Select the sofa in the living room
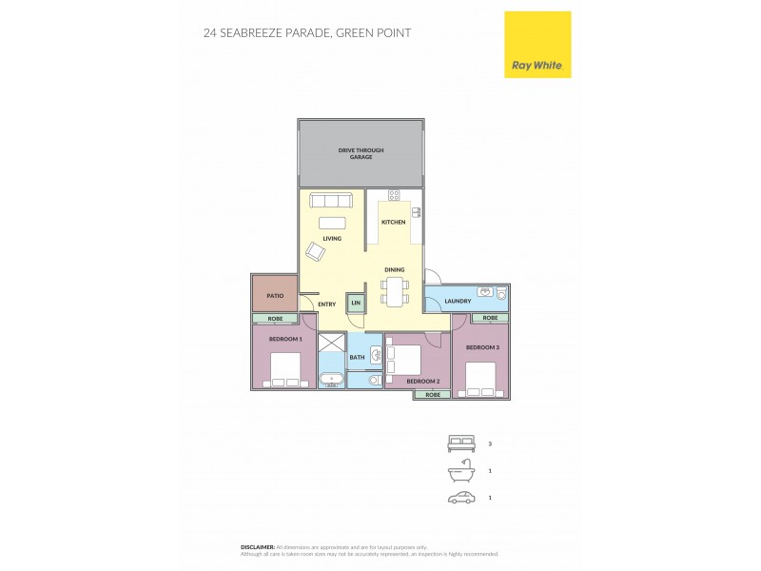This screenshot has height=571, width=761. point(332,200)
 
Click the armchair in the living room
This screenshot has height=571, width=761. point(316,251)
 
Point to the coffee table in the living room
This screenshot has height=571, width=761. point(332,223)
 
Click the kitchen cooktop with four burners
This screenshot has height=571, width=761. point(393,196)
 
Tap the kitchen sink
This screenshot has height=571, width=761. point(416,211)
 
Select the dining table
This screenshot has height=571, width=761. point(395,290)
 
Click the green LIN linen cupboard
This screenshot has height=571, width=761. point(356,303)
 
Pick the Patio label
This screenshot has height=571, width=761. point(274,296)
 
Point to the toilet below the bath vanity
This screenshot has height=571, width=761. point(373,380)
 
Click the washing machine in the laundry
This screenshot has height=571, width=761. point(500,295)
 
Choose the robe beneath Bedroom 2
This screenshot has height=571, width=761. point(432,394)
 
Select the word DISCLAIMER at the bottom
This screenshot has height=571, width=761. point(257,547)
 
